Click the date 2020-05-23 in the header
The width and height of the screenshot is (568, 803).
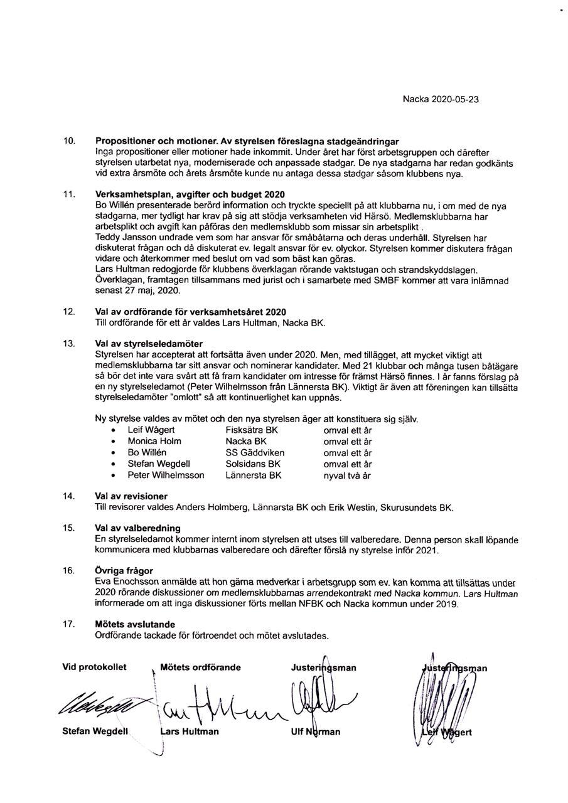point(456,99)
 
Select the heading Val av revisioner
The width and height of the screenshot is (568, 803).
point(131,496)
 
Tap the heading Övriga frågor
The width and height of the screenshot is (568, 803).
point(124,571)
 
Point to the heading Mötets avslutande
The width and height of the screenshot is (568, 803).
point(135,624)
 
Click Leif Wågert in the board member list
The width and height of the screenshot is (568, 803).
point(151,430)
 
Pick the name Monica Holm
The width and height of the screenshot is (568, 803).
point(154,441)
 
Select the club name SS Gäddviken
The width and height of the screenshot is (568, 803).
point(255,452)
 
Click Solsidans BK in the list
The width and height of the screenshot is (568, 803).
point(253,464)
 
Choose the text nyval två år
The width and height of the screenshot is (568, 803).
point(347,476)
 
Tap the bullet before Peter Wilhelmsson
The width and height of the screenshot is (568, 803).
point(112,476)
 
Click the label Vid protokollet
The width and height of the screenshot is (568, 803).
point(94,667)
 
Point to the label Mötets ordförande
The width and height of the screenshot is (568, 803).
point(201,667)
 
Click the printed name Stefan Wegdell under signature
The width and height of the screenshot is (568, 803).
point(95,731)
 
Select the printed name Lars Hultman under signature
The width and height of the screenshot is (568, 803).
point(190,731)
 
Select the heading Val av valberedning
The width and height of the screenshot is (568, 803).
point(137,528)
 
